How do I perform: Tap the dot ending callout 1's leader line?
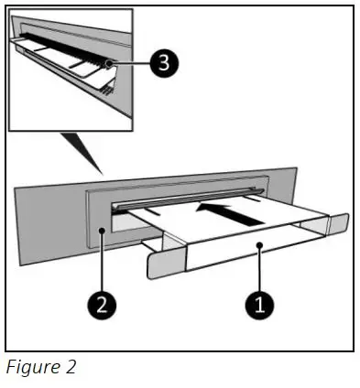point(259,246)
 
